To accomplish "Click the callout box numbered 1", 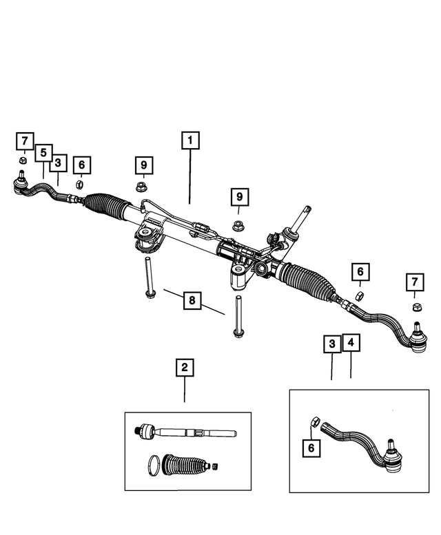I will coord(190,140).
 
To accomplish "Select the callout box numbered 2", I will coord(184,368).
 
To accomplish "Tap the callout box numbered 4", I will coord(351,343).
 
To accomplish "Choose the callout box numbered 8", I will coord(193,300).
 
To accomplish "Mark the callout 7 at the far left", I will coord(24,142).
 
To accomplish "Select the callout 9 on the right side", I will coord(240,197).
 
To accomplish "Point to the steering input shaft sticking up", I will coord(300,220).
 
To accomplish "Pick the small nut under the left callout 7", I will coord(22,162).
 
